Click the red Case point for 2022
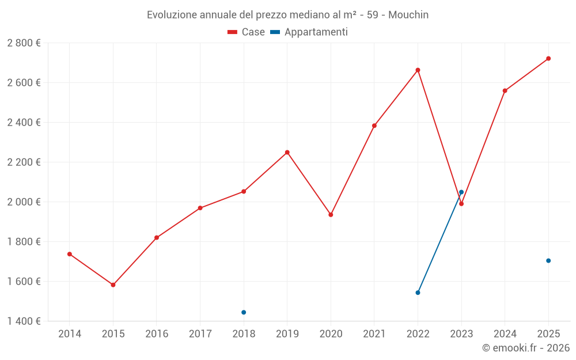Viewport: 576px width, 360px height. point(418,70)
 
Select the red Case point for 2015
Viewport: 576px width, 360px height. point(113,285)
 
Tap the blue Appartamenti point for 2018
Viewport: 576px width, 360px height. point(244,312)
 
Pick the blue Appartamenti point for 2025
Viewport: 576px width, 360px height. point(548,260)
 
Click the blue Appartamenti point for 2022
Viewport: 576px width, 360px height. point(418,293)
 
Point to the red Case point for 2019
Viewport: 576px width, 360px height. point(287,152)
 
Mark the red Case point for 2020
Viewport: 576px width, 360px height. point(331,215)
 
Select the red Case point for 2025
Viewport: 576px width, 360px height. point(548,58)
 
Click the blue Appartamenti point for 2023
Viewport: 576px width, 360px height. point(461,192)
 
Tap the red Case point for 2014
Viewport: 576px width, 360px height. point(70,254)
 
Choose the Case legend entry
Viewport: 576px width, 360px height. point(246,32)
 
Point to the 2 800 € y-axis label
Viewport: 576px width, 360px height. point(24,43)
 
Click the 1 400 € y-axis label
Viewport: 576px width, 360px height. point(24,321)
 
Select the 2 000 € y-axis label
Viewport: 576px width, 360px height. point(24,202)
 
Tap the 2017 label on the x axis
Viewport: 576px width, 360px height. point(200,334)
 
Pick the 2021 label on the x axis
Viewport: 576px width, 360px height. point(374,334)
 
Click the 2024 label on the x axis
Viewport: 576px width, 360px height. point(505,334)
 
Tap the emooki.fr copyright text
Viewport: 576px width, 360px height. point(526,348)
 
